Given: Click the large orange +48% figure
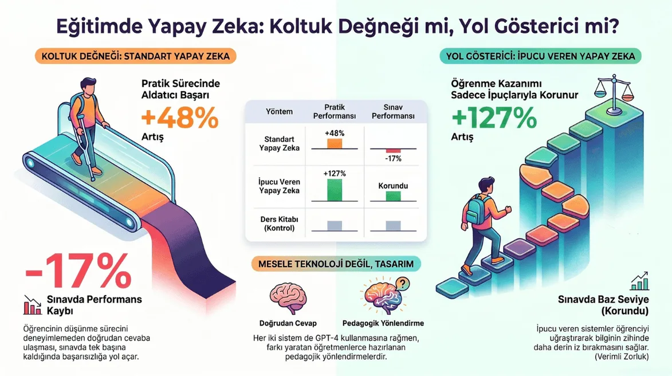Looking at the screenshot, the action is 180,118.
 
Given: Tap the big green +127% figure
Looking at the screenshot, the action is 494,118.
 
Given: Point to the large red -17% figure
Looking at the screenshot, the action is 78,271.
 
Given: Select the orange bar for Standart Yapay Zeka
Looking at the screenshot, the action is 335,143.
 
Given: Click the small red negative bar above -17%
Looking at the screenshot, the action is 393,151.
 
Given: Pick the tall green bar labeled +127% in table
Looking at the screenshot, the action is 335,190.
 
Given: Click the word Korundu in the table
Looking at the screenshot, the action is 393,186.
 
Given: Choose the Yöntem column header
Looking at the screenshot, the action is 279,111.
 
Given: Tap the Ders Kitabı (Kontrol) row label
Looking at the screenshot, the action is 279,224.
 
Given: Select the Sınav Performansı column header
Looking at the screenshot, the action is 393,111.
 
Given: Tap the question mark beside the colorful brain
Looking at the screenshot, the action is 402,283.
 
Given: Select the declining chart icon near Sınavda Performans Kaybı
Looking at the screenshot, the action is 33,305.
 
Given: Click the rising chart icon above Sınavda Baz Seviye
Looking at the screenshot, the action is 639,281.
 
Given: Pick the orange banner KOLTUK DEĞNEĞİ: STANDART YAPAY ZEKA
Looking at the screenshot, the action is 135,56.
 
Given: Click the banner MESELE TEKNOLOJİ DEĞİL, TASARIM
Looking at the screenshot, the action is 336,264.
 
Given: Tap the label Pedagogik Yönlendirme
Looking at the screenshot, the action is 383,323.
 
